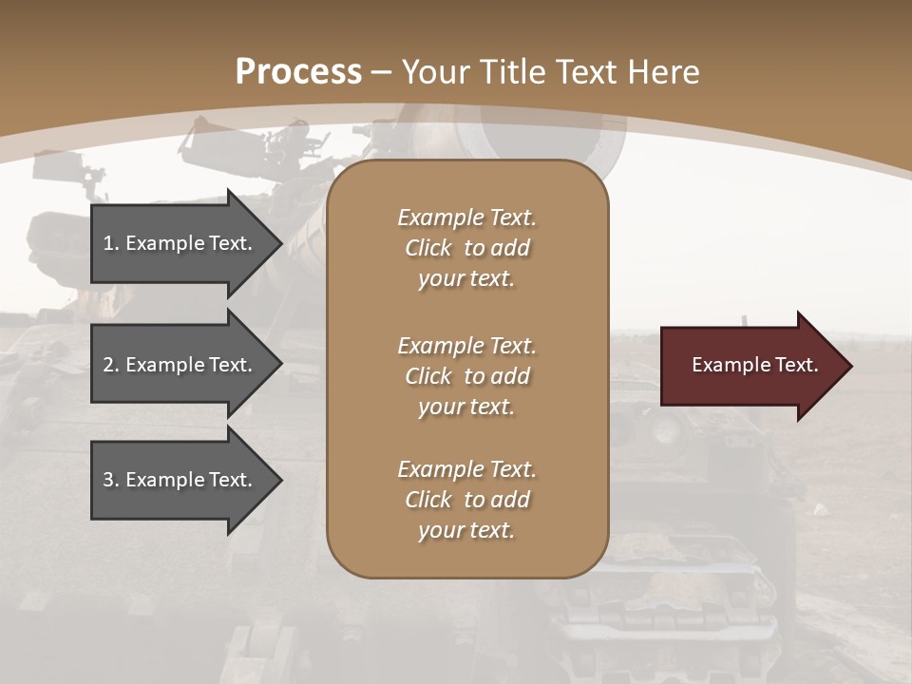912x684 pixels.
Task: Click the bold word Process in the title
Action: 298,72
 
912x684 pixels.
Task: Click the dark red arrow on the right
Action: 750,366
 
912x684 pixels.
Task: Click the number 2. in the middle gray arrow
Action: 111,365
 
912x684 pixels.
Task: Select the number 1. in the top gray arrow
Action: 111,243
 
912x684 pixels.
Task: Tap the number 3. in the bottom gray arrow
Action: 111,480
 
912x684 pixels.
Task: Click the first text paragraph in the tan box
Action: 466,248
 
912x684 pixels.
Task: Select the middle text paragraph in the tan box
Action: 466,376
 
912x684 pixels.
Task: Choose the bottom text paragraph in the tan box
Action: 466,500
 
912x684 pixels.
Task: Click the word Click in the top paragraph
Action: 428,248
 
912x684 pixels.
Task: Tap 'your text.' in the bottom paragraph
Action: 466,530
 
